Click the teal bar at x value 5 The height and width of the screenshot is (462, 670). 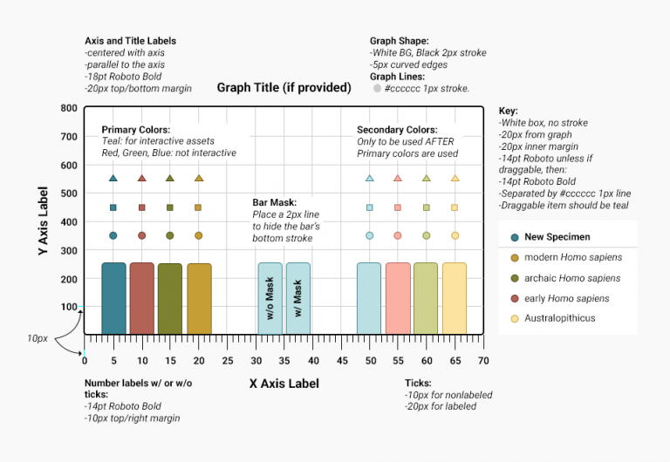coord(113,298)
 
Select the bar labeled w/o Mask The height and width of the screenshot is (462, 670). coord(270,298)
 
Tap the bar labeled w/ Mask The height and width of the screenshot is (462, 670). coord(297,298)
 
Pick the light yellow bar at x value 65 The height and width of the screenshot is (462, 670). coord(454,298)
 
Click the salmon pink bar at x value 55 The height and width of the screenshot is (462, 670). coord(397,298)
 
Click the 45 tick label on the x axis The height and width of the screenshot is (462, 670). coord(341,361)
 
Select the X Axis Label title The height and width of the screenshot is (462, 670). coord(284,384)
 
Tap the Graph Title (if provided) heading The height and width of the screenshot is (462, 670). coord(284,87)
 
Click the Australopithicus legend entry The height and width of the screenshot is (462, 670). coord(558,318)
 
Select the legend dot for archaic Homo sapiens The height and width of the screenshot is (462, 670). coord(515,278)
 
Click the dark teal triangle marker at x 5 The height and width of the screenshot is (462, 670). coord(113,179)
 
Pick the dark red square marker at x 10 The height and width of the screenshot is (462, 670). coord(141,207)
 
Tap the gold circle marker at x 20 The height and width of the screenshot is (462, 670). coord(198,235)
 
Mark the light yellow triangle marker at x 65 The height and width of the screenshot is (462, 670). coord(454,179)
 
